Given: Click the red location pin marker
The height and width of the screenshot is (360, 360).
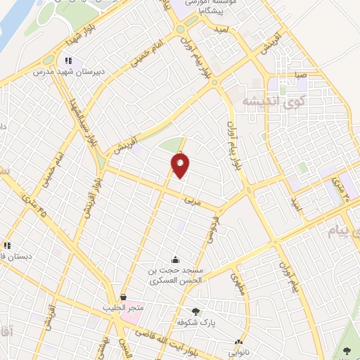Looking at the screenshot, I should point(180,166).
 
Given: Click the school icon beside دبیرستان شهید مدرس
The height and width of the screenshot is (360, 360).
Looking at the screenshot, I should point(68,61).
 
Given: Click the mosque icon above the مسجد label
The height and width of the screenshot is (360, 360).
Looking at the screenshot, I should point(175,259).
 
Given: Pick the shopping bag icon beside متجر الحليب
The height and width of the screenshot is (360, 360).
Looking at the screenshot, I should point(124,297).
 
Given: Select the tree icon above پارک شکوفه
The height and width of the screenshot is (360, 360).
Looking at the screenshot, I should point(195,311).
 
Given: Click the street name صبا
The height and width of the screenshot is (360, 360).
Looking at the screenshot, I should point(300,74).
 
